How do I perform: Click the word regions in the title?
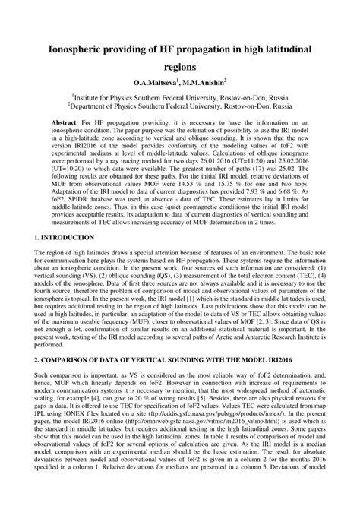(x=179, y=67)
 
